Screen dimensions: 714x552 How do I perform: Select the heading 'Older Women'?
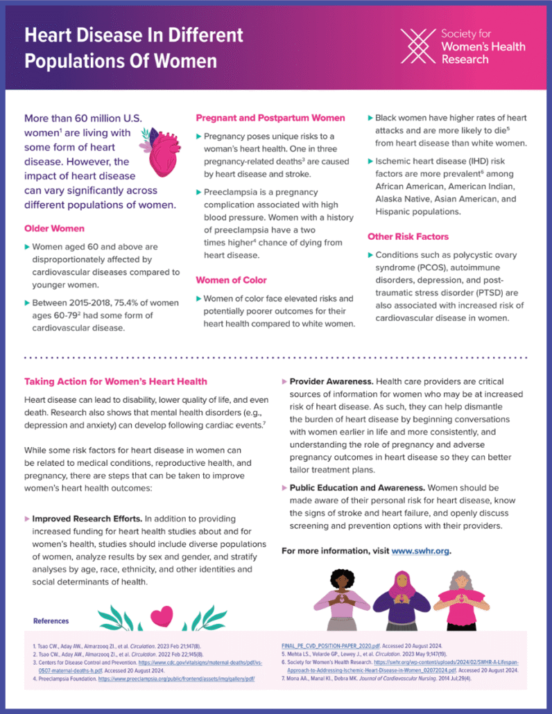[x=54, y=228]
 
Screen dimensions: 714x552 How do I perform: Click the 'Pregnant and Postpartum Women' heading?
[x=270, y=118]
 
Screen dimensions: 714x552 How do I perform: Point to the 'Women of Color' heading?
[x=230, y=280]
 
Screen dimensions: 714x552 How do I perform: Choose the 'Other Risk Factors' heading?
[x=408, y=236]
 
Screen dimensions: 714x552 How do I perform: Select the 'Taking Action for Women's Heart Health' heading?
[x=115, y=381]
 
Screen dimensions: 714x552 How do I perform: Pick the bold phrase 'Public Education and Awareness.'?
[x=360, y=488]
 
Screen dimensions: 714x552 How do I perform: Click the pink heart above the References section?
[x=162, y=613]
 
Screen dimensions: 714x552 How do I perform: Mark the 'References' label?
[x=51, y=621]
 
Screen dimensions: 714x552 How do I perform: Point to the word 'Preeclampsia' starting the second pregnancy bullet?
[x=232, y=191]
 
